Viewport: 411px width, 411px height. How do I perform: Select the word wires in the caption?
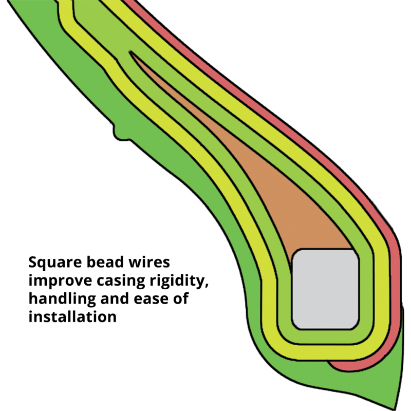point(148,263)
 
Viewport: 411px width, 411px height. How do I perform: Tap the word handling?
point(59,298)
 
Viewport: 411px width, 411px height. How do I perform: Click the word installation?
point(72,316)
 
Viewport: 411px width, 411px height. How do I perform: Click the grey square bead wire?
point(325,289)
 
